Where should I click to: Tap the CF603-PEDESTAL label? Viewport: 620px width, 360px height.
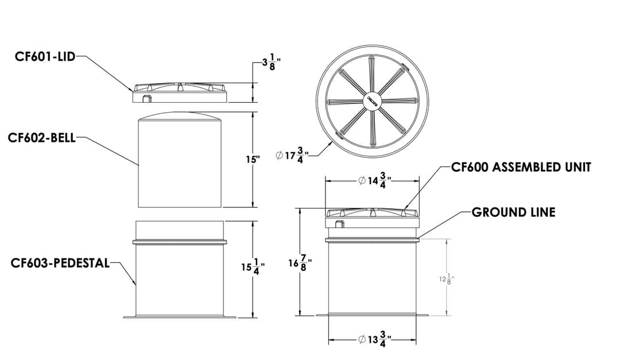(x=60, y=263)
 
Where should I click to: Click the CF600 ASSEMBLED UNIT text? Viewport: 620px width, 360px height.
(x=521, y=167)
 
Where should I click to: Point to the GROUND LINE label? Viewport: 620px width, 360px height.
(x=513, y=212)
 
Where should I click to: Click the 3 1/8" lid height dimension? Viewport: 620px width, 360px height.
(x=271, y=62)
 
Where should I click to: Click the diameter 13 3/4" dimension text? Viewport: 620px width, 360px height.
(x=374, y=340)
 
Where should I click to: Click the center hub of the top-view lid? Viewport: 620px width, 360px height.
(x=373, y=100)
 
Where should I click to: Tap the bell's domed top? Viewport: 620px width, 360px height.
(x=180, y=115)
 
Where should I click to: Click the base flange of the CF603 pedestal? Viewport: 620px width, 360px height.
(x=180, y=316)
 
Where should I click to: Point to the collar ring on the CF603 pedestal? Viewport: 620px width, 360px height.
(x=180, y=242)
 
